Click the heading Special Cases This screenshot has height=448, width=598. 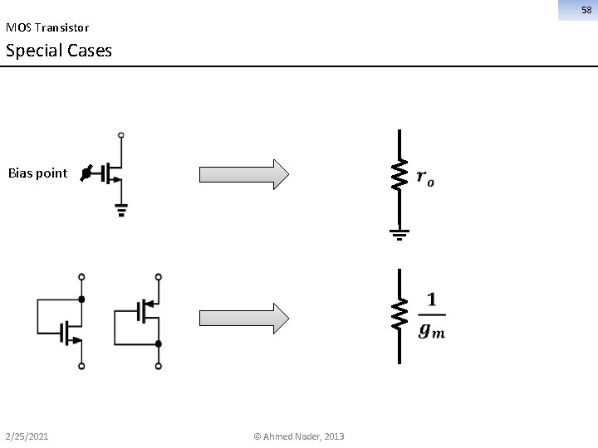(58, 51)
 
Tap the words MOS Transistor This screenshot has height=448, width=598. (47, 27)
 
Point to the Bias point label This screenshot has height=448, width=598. (37, 173)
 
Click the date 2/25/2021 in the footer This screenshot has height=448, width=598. (27, 436)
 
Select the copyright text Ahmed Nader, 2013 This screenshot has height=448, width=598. (299, 436)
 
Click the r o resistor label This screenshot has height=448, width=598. (424, 178)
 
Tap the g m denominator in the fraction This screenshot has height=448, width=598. (431, 330)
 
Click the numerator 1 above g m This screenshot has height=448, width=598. (431, 299)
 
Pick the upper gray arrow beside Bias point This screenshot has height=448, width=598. (243, 174)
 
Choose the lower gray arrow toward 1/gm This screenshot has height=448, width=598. (243, 318)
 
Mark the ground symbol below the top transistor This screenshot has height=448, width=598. (121, 210)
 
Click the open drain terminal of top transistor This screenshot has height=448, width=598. (121, 134)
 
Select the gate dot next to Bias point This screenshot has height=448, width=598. (86, 174)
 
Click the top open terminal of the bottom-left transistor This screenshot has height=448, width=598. (81, 276)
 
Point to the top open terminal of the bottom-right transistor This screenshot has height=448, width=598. (158, 276)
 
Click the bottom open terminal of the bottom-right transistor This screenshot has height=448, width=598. (158, 365)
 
